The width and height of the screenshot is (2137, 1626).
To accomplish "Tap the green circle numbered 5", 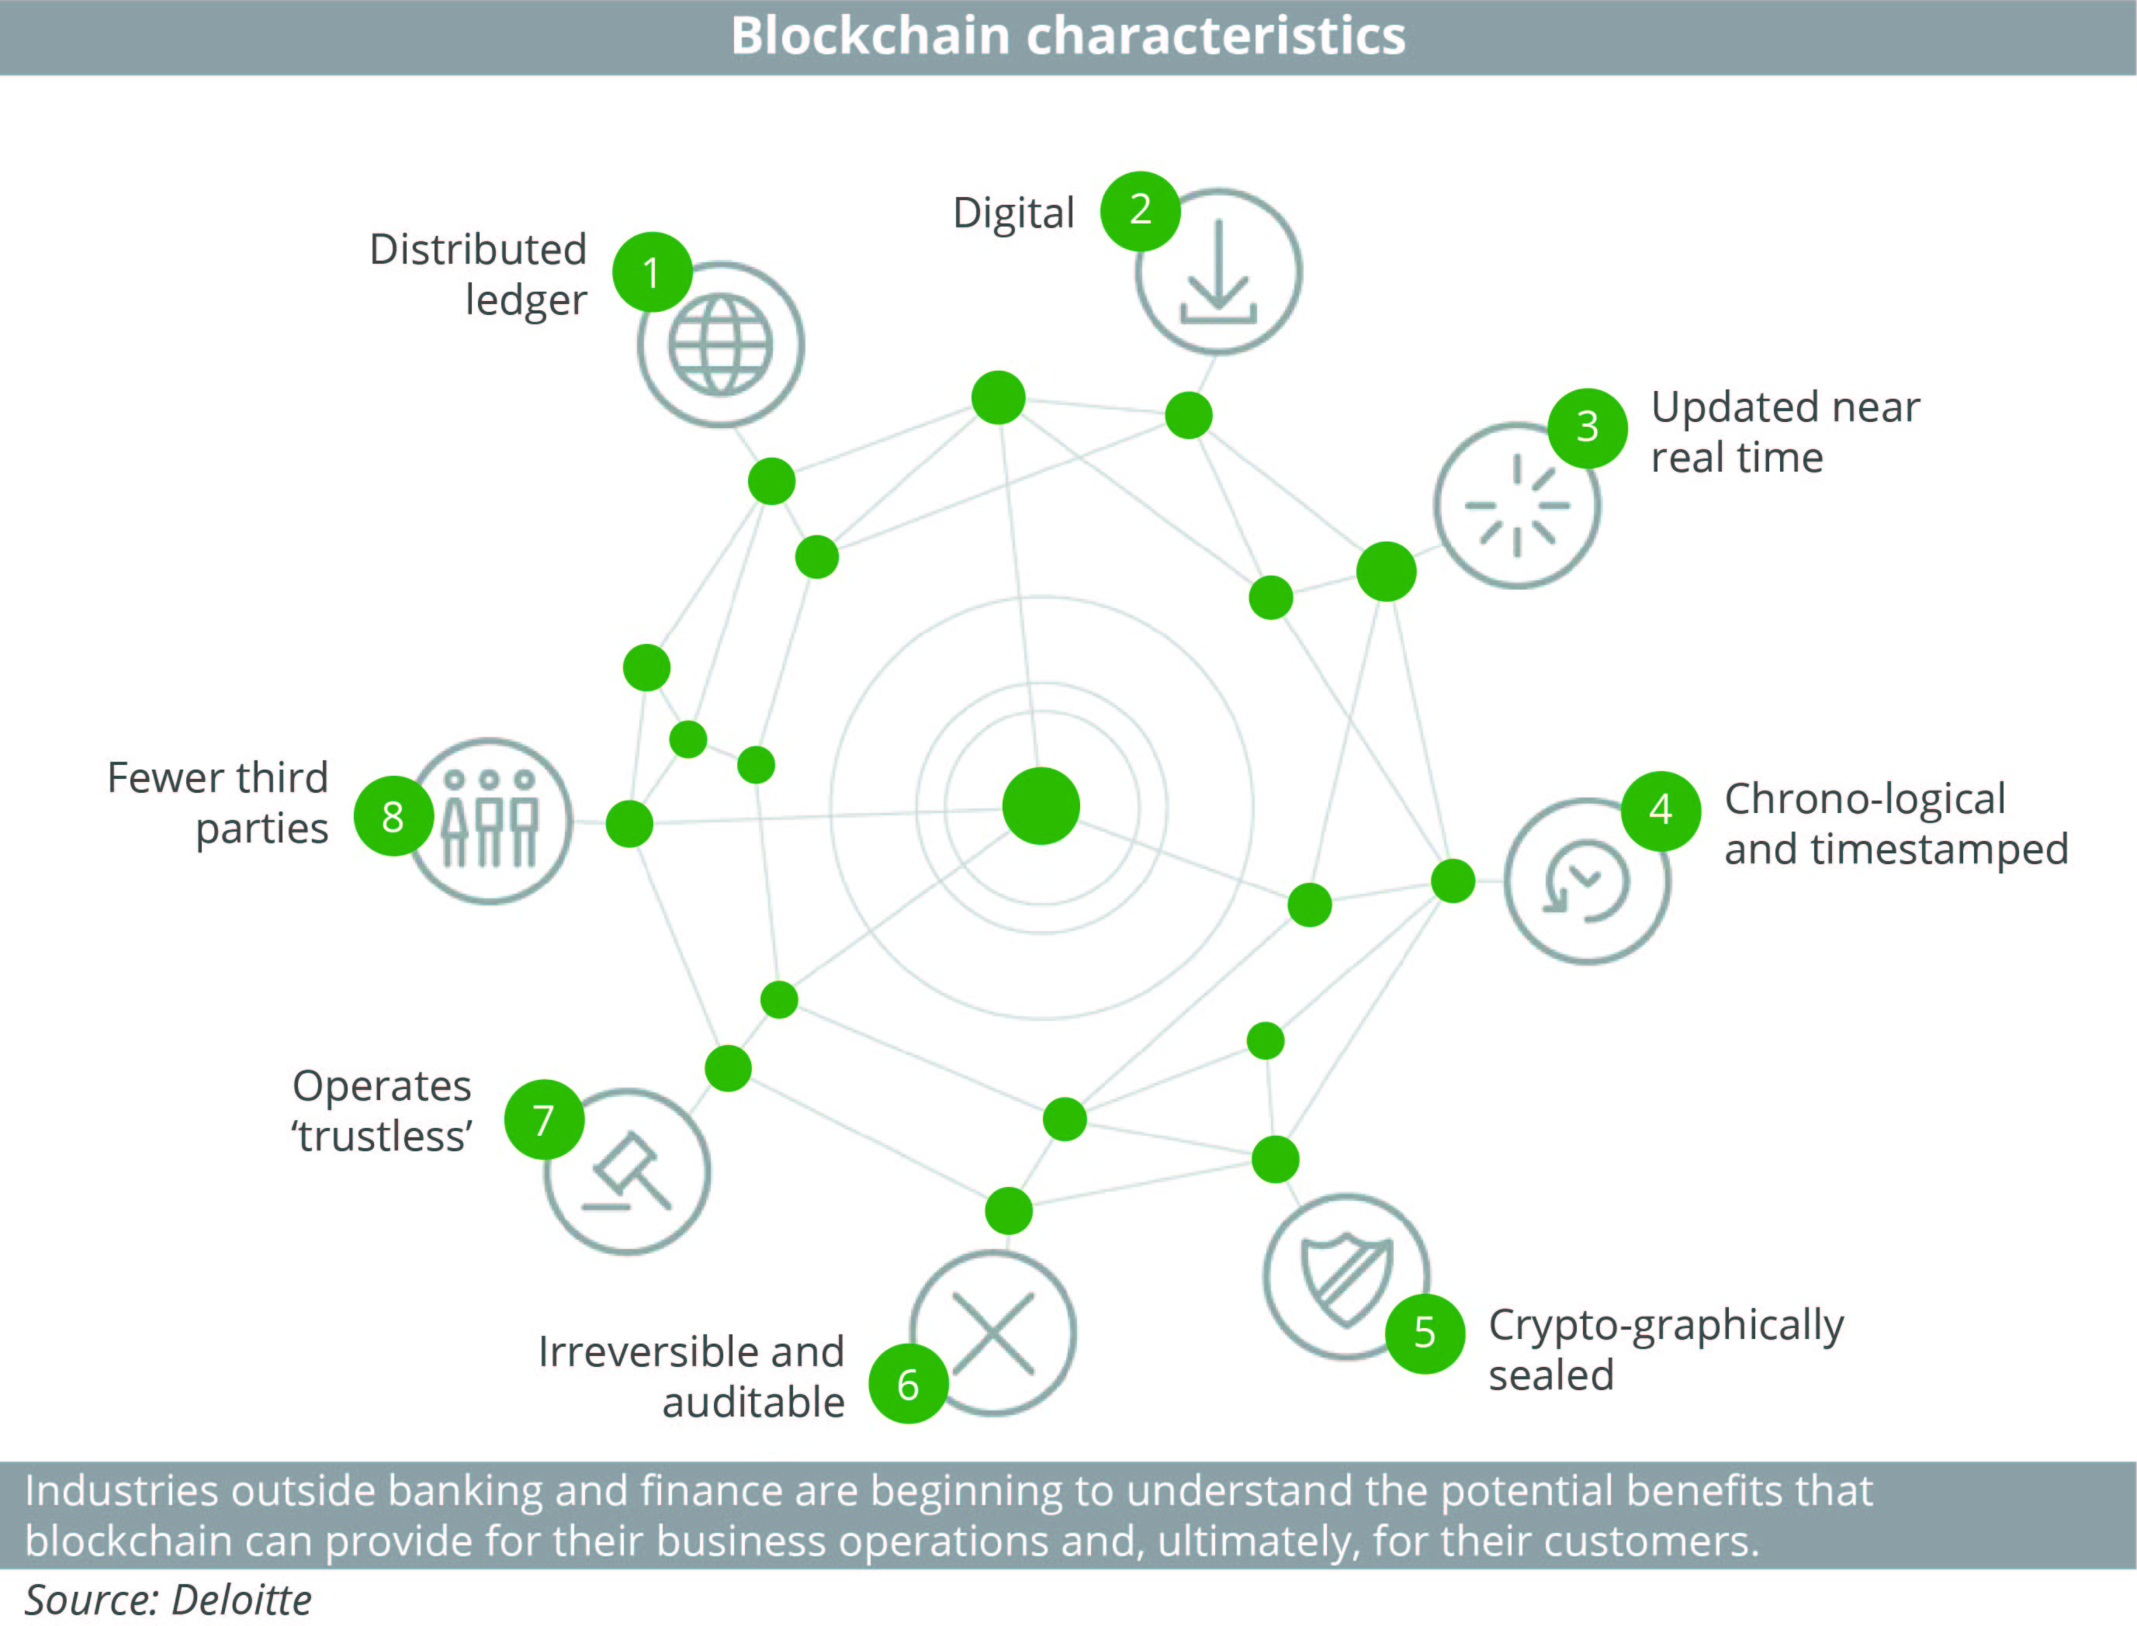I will [1424, 1333].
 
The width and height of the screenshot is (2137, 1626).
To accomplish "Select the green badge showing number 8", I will [393, 816].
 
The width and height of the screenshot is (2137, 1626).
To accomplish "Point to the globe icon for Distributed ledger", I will [720, 344].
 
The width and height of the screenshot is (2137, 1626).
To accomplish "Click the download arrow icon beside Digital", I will [1217, 272].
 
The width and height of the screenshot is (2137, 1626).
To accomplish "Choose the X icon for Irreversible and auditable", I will [994, 1333].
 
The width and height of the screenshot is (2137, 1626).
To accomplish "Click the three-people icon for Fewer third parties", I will [490, 820].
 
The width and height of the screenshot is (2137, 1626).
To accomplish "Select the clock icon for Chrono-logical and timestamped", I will [1588, 880].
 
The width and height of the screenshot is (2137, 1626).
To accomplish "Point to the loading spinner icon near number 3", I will [1515, 505].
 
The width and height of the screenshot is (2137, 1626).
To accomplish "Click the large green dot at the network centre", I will [1041, 805].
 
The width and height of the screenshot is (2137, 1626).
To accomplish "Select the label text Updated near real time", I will [1784, 431].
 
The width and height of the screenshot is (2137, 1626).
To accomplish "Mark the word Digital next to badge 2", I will [1013, 213].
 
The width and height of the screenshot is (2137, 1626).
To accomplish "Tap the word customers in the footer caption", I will [1649, 1541].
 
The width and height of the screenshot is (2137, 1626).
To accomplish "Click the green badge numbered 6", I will [908, 1384].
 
